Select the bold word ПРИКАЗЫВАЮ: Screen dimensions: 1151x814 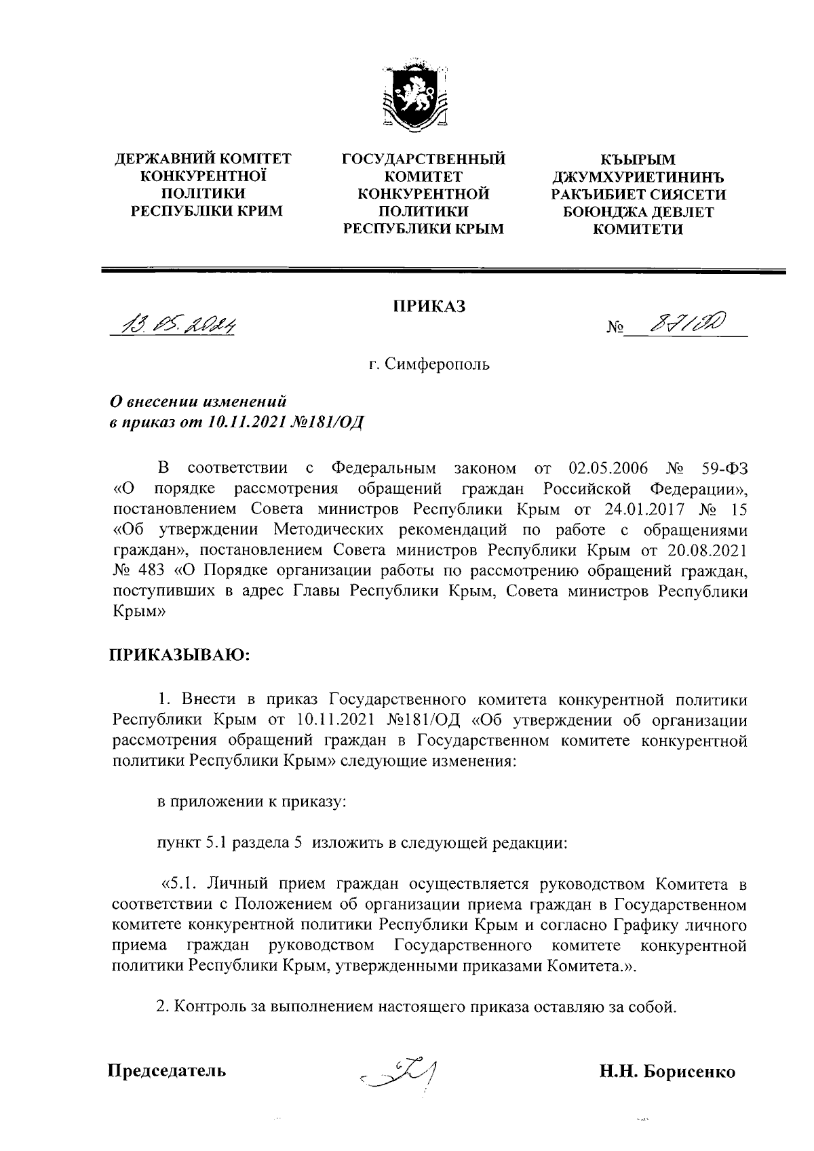coord(180,655)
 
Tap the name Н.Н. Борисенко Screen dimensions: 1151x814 coord(667,1072)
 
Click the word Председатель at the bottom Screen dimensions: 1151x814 coord(168,1072)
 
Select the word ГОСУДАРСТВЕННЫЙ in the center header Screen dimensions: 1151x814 coord(424,159)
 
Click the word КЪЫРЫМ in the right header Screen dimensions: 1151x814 coord(638,159)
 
